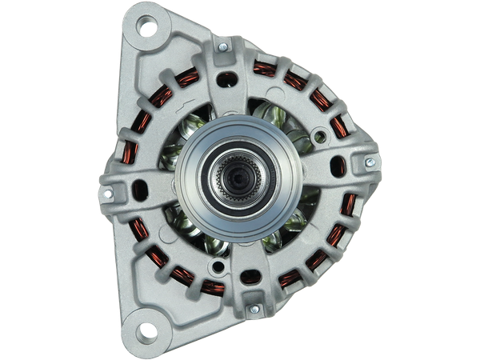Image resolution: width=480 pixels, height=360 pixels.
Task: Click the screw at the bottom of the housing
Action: click(x=254, y=309)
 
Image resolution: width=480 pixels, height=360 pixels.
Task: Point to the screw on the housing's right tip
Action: click(x=369, y=162)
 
